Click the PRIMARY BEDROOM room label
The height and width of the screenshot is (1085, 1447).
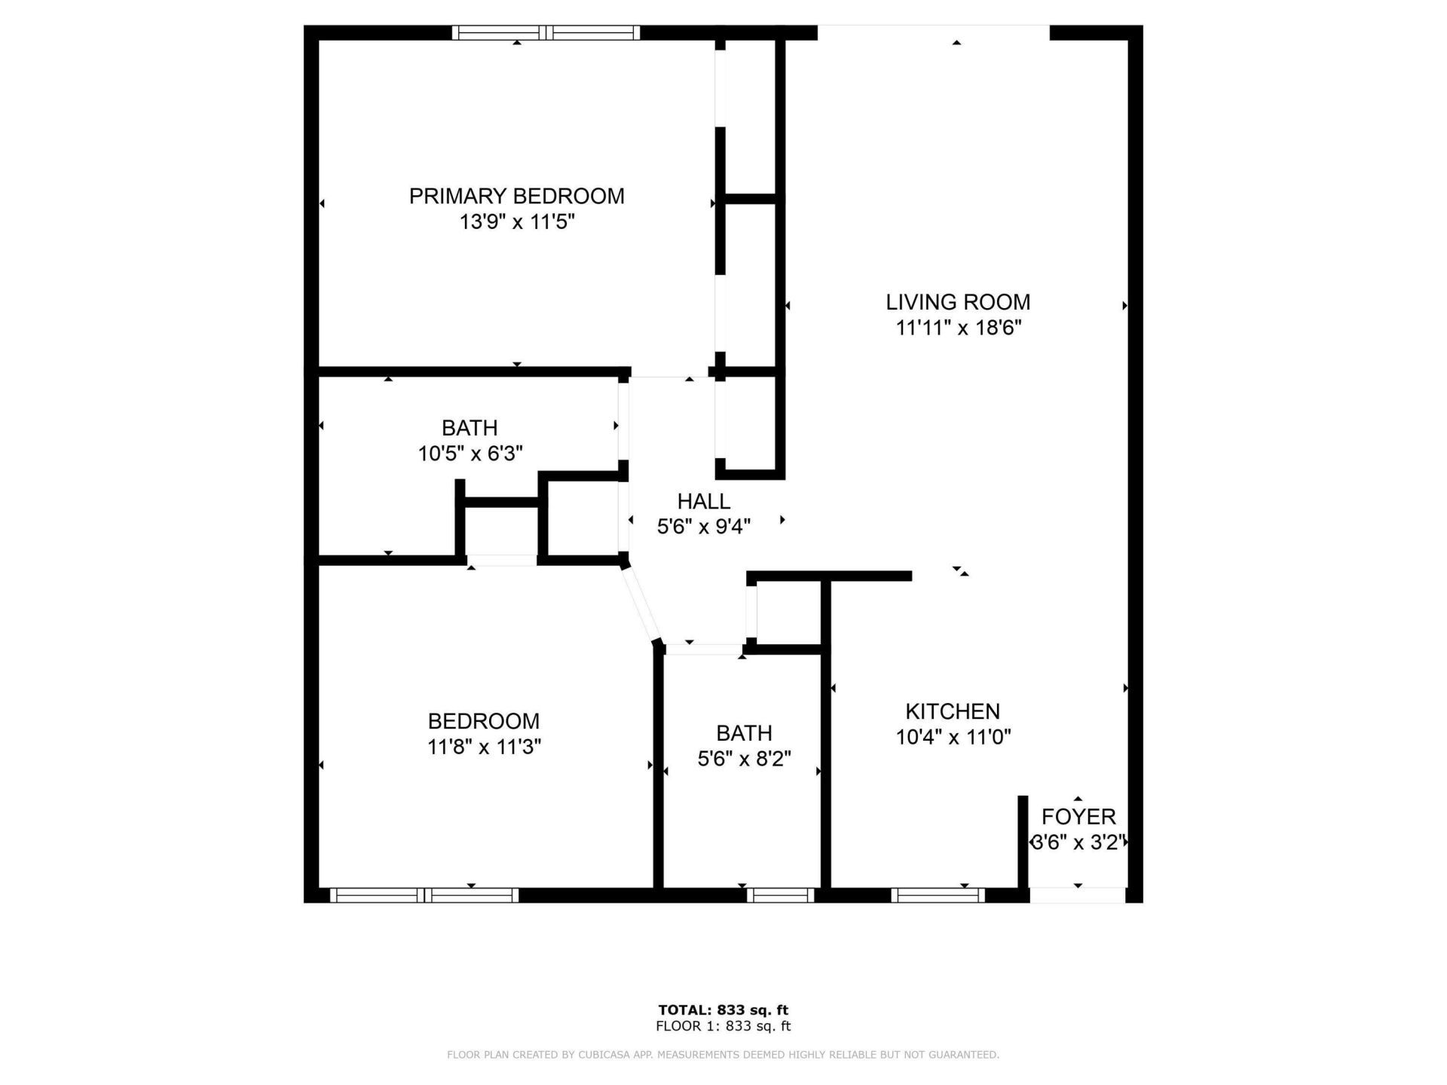tap(516, 196)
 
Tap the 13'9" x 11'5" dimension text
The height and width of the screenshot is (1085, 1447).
tap(517, 222)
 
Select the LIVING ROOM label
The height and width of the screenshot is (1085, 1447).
tap(957, 302)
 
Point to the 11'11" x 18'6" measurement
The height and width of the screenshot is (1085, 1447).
tap(958, 329)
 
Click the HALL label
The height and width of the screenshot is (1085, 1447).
tap(703, 501)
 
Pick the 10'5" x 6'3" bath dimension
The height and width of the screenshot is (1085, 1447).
tap(470, 454)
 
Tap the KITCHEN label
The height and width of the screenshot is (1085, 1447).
tap(953, 711)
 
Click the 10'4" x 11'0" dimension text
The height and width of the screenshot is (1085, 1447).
tap(953, 737)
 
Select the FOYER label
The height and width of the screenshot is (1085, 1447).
tap(1078, 817)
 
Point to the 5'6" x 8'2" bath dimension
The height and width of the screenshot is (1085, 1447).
tap(744, 759)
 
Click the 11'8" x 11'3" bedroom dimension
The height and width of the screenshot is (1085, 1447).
tap(484, 747)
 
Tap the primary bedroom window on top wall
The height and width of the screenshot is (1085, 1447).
tap(546, 32)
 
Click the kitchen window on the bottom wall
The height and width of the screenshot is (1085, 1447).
tap(938, 895)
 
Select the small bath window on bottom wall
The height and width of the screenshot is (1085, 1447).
tap(780, 895)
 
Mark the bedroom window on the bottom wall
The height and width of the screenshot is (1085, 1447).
tap(424, 895)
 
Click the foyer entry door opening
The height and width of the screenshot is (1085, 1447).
tap(1078, 895)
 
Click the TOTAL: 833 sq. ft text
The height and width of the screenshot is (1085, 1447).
tap(723, 1010)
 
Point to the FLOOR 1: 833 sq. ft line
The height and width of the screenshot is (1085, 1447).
tap(723, 1026)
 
